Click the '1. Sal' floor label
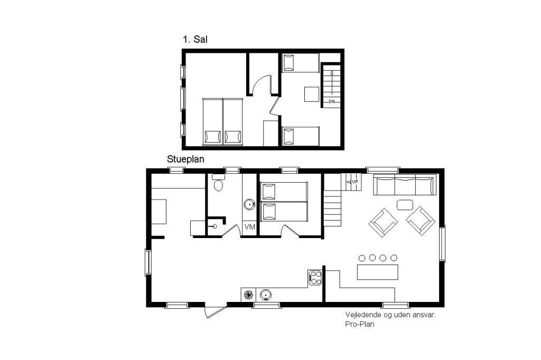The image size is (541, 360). point(195,39)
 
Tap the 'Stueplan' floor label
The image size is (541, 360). point(185,159)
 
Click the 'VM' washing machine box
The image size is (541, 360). point(249,227)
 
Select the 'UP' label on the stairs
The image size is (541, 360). point(355,182)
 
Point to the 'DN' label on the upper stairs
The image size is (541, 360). point(332,102)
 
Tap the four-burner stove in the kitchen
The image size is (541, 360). point(315,278)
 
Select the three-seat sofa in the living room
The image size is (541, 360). point(405,185)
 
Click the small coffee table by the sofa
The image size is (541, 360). point(405,205)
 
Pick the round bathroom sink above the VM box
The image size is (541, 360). point(249,204)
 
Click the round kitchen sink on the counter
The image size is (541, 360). point(265,295)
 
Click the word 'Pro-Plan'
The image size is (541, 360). point(359,324)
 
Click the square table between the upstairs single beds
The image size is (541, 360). point(312,94)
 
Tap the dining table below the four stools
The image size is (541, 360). point(377,272)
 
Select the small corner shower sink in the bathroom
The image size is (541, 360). point(214,226)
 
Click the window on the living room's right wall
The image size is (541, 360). point(442,243)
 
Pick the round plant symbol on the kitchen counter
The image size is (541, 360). point(248,295)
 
